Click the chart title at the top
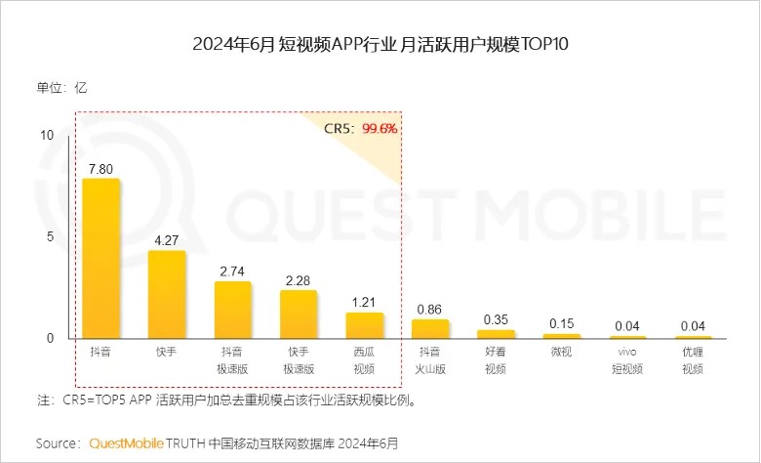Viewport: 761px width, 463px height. (380, 45)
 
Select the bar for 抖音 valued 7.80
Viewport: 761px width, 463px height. (100, 259)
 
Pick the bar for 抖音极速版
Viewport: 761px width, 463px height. (232, 310)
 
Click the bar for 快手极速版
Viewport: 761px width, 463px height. (299, 314)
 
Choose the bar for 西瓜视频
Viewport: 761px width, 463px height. (364, 325)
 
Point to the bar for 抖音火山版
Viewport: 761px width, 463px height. (430, 329)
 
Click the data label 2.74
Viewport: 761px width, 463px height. (232, 272)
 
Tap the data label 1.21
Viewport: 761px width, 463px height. (364, 303)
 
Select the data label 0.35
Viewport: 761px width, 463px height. (497, 319)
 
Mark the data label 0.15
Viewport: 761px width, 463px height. (562, 323)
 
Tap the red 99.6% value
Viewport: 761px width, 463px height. (380, 128)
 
